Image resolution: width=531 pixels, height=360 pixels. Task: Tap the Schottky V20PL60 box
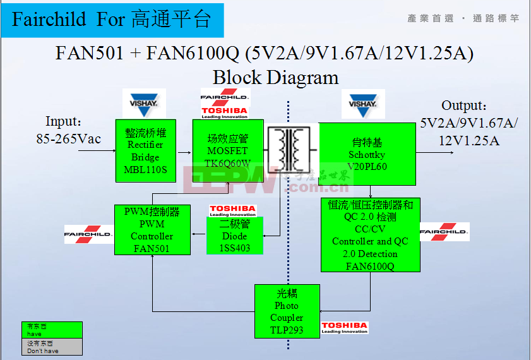tap(367, 153)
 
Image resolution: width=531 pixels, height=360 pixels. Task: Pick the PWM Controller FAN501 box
tap(152, 230)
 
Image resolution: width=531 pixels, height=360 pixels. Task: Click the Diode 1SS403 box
tap(234, 236)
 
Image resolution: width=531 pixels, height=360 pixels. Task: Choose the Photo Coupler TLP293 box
tap(287, 311)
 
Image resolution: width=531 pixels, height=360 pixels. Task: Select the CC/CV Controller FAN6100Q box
tap(370, 234)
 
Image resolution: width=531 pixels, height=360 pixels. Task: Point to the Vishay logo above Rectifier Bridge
tap(144, 103)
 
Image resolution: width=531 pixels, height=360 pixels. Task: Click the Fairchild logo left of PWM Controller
tap(88, 234)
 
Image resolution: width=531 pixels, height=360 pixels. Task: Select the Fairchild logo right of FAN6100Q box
tap(444, 232)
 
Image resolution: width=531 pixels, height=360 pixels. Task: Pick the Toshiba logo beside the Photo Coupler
tap(344, 328)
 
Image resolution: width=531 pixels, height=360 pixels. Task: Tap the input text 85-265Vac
tap(68, 138)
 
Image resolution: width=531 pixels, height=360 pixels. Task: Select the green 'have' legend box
tap(52, 330)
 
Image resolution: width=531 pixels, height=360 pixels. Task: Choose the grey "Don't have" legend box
tap(52, 346)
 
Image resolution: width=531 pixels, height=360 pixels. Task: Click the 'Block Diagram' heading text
tap(275, 77)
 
